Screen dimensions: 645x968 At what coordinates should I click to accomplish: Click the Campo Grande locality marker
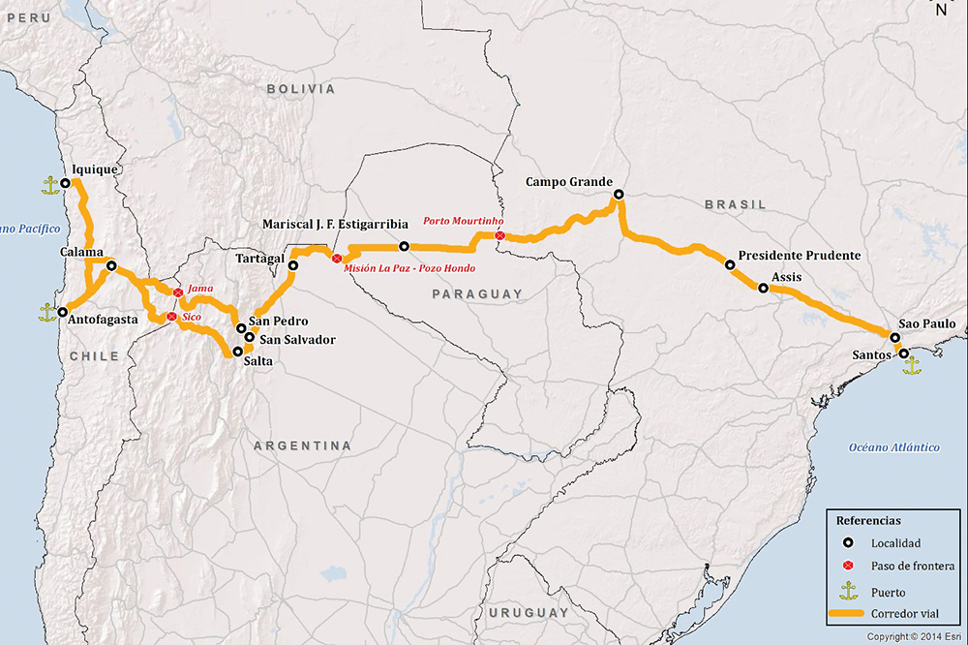click(x=619, y=195)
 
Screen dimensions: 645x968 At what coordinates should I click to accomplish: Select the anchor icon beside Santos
click(x=911, y=366)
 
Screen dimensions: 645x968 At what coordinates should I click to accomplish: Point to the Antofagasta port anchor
click(x=45, y=312)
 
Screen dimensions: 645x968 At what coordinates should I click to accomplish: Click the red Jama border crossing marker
click(x=178, y=292)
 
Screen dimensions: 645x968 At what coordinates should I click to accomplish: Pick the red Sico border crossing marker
click(x=171, y=317)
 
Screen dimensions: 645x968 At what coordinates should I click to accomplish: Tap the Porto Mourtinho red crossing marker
click(x=499, y=235)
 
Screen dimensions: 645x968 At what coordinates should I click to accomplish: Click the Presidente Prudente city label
click(x=799, y=256)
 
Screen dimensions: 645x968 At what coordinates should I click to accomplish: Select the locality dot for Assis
click(x=763, y=288)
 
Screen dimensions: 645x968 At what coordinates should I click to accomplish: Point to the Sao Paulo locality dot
click(x=895, y=338)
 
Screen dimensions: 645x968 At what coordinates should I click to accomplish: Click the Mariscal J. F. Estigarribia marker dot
click(x=404, y=246)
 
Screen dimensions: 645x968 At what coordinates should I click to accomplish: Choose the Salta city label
click(x=258, y=361)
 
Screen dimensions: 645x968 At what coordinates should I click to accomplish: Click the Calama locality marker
click(x=111, y=266)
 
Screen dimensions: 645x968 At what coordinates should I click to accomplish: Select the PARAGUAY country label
click(x=477, y=293)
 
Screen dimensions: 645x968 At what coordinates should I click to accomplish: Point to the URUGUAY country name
click(x=529, y=613)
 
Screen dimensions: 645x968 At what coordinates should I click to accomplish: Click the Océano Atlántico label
click(x=893, y=446)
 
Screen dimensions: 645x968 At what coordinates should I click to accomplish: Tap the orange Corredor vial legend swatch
click(x=847, y=614)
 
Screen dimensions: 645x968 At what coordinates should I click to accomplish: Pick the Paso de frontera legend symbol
click(x=847, y=566)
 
